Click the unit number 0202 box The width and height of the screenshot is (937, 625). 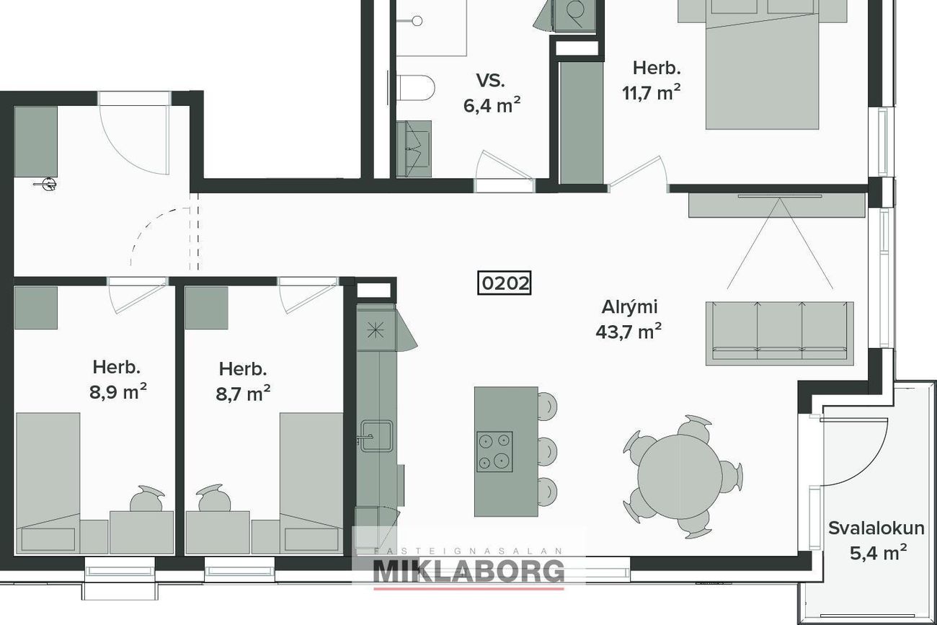point(504,283)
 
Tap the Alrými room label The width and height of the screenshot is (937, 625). point(629,308)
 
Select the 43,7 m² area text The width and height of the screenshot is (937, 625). point(629,332)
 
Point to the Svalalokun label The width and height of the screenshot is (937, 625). point(876,528)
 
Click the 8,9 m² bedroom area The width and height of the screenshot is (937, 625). point(118,392)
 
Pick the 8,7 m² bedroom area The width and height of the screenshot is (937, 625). point(243,394)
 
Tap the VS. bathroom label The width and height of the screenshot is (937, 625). point(490,80)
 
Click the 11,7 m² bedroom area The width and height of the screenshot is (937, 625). point(652,92)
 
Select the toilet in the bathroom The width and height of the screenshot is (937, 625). point(415,88)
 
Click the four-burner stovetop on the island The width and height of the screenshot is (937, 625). point(495,451)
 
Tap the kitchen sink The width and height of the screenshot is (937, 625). point(376,436)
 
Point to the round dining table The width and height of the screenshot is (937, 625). point(679,476)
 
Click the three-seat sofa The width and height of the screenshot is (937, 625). point(780,334)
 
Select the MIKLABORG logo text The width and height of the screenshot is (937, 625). point(468,572)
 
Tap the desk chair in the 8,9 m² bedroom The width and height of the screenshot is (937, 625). point(146,499)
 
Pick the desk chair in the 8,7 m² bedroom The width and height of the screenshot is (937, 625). point(214,498)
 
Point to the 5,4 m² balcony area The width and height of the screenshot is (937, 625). point(878,553)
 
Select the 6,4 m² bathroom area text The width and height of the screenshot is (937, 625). point(492,106)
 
